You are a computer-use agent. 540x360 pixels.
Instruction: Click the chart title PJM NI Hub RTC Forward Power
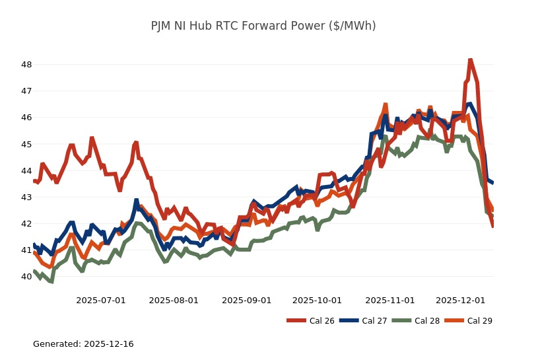(x=263, y=26)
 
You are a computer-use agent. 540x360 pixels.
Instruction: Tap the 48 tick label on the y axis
(x=26, y=65)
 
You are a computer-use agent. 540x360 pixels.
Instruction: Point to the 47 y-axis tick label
(x=26, y=91)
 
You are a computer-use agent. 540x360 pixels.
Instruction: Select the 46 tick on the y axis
(x=26, y=118)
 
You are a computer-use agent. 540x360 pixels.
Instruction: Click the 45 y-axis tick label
(x=26, y=144)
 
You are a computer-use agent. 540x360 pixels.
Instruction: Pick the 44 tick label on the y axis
(x=26, y=170)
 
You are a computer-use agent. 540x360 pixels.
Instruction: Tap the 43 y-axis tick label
(x=26, y=197)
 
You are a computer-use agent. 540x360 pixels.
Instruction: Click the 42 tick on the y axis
(x=26, y=223)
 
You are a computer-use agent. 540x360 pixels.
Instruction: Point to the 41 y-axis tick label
(x=26, y=250)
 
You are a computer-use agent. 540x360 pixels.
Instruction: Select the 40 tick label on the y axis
(x=26, y=276)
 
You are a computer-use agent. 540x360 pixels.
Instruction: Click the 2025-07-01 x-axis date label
(x=101, y=300)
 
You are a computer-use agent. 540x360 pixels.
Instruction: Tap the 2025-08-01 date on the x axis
(x=174, y=300)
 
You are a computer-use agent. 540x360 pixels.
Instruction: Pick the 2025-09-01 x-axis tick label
(x=246, y=300)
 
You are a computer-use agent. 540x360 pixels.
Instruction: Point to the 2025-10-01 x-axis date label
(x=317, y=300)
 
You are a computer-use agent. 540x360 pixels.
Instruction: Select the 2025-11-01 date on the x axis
(x=389, y=300)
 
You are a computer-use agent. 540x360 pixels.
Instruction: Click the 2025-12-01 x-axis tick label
(x=460, y=300)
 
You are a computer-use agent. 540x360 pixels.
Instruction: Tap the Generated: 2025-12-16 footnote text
(x=83, y=344)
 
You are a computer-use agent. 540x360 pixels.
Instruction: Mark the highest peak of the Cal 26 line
(x=470, y=60)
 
